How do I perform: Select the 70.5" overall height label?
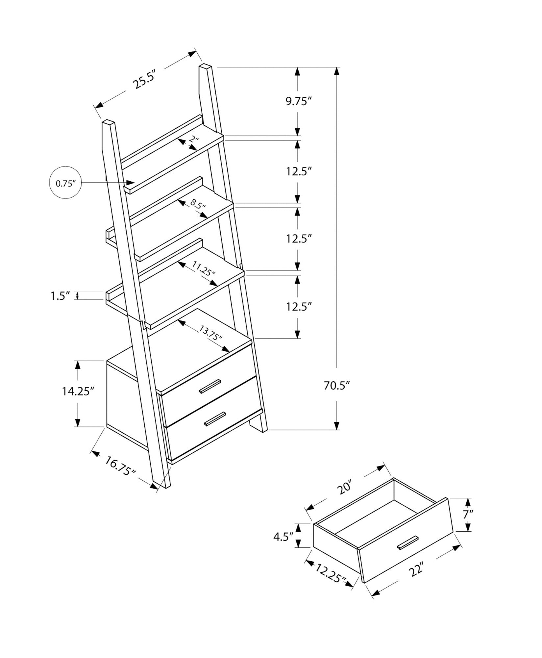336,385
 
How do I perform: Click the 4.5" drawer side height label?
283,537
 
